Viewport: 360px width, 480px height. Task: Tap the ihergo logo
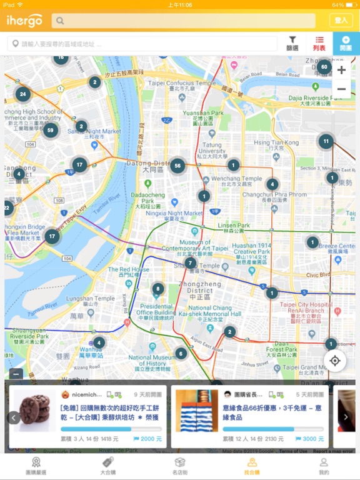[x=24, y=21]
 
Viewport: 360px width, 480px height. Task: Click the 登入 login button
[x=341, y=21]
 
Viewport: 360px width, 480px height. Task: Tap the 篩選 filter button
[x=292, y=43]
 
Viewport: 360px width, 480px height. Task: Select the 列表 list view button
[x=319, y=43]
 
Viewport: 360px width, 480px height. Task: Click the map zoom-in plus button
[x=341, y=70]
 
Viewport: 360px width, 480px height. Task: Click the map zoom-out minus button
[x=341, y=89]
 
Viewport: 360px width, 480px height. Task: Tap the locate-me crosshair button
[x=335, y=361]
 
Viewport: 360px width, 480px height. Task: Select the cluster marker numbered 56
[x=178, y=166]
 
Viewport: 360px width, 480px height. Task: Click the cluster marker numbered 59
[x=51, y=131]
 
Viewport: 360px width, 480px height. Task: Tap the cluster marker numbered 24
[x=23, y=95]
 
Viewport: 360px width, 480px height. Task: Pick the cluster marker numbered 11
[x=326, y=141]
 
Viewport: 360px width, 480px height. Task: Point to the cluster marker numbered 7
[x=191, y=263]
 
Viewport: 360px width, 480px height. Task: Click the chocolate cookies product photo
[x=35, y=411]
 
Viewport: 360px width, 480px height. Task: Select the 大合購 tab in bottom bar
[x=107, y=466]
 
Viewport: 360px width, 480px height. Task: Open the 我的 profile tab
[x=323, y=466]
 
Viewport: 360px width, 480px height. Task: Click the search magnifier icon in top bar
[x=60, y=21]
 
